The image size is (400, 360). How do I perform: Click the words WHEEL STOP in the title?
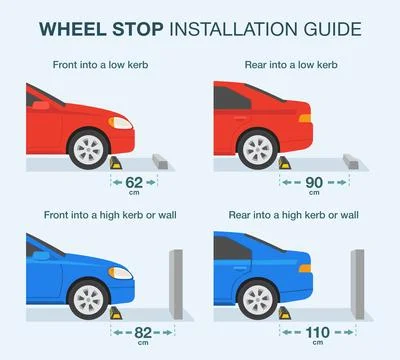click(x=107, y=28)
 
